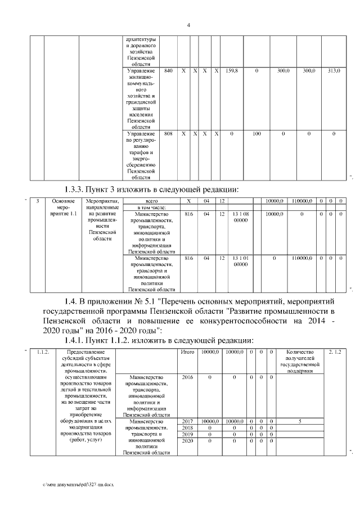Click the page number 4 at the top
point(188,25)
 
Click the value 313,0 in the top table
point(334,71)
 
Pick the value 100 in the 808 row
point(256,134)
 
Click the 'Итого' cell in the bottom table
point(187,352)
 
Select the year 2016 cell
point(187,377)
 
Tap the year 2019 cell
point(187,435)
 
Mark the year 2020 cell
point(187,442)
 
